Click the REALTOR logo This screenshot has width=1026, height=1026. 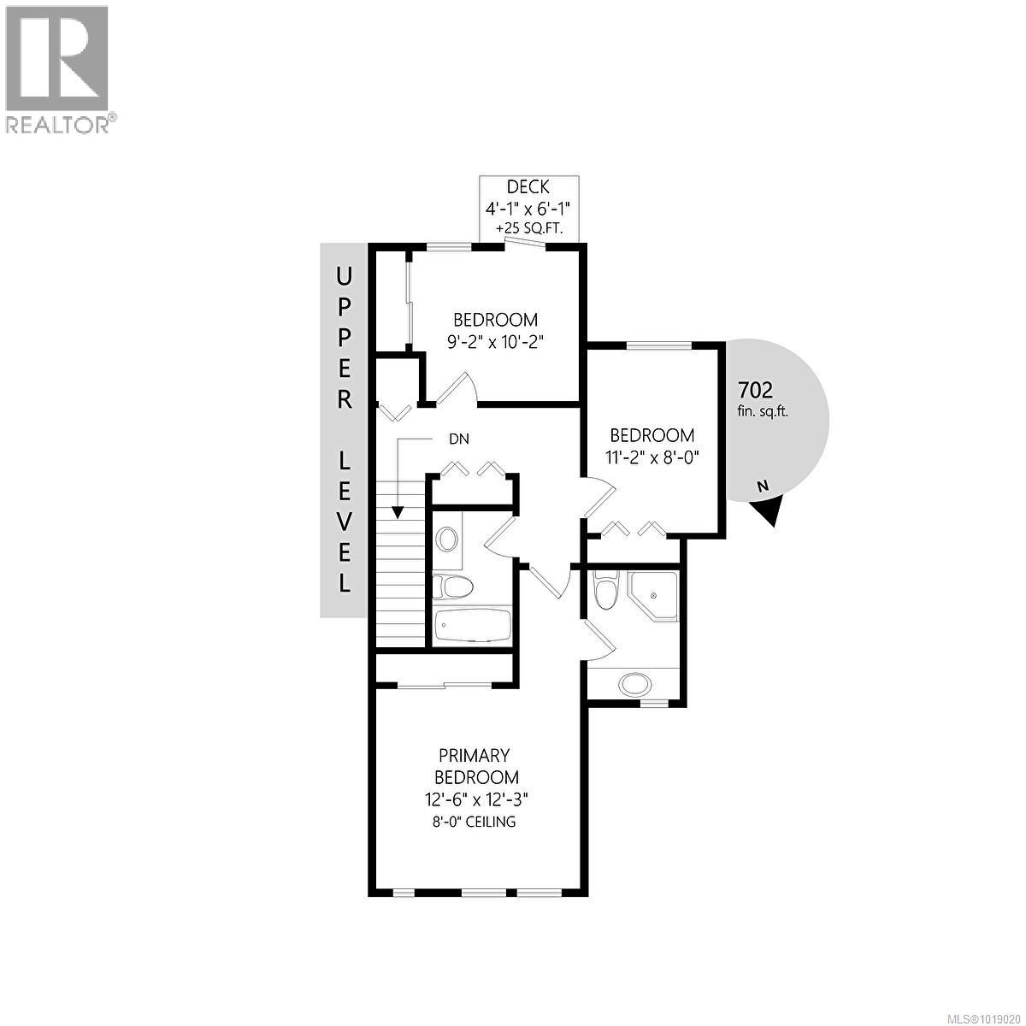click(58, 68)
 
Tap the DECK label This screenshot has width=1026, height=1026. click(528, 187)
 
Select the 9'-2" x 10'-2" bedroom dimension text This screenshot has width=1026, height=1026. click(497, 340)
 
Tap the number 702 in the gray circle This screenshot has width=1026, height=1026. click(755, 391)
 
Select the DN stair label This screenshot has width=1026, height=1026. click(458, 439)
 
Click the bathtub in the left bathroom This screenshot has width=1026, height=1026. click(472, 627)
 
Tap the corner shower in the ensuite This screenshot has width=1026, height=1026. click(653, 596)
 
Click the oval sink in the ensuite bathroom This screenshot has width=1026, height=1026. click(634, 684)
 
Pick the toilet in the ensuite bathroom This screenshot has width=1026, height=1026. click(604, 590)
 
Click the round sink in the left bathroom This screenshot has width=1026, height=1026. click(446, 539)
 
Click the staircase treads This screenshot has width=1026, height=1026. click(399, 564)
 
